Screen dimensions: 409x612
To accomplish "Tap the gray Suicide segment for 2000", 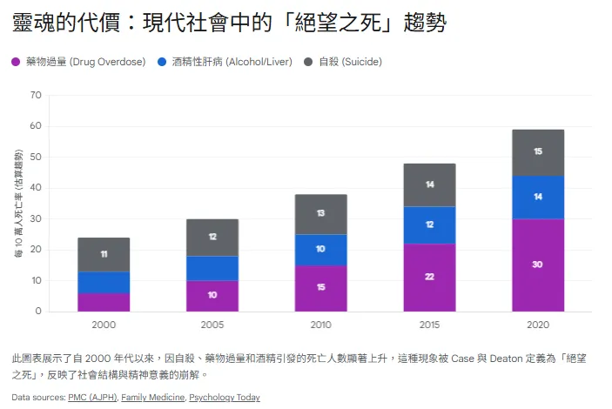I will [x=104, y=254].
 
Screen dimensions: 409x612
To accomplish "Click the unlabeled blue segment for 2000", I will [x=104, y=282].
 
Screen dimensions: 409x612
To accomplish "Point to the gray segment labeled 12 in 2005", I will [x=212, y=237].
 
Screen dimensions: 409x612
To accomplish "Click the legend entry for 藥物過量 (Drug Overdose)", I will [x=78, y=62].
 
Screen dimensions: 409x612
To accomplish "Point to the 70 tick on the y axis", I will [x=36, y=96].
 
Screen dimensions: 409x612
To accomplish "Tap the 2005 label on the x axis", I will [x=212, y=325].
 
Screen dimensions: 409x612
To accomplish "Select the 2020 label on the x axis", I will [x=538, y=325].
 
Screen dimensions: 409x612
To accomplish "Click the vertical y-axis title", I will [x=18, y=204].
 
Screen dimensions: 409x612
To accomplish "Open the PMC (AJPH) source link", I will [x=91, y=398].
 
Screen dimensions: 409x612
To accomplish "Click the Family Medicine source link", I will [x=152, y=398].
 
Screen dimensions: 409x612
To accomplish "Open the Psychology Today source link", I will [x=224, y=398].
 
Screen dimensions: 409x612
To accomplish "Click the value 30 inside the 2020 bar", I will [x=538, y=265].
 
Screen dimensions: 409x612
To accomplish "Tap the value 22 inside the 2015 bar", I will [x=429, y=277].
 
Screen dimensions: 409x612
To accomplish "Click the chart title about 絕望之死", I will [x=230, y=23].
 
